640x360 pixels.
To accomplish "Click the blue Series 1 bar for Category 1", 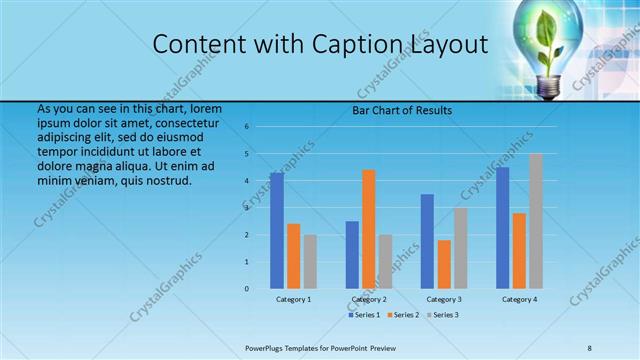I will [277, 231].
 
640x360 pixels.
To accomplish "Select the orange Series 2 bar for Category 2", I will [368, 229].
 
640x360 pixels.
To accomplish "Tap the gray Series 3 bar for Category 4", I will [536, 221].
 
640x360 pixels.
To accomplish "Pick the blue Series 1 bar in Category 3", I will [427, 241].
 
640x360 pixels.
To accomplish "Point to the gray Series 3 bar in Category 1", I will [310, 262].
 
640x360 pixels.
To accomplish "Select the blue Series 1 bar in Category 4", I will [503, 228].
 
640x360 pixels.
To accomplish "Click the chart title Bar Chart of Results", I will [402, 110].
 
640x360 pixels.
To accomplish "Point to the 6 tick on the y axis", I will [246, 127].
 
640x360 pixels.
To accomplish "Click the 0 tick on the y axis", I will [246, 289].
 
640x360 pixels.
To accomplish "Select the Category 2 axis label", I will [368, 299].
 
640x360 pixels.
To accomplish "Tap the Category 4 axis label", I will [519, 299].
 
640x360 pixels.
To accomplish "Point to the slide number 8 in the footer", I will [589, 346].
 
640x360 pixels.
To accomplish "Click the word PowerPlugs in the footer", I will [264, 346].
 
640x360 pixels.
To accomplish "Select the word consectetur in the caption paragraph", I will [188, 121].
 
